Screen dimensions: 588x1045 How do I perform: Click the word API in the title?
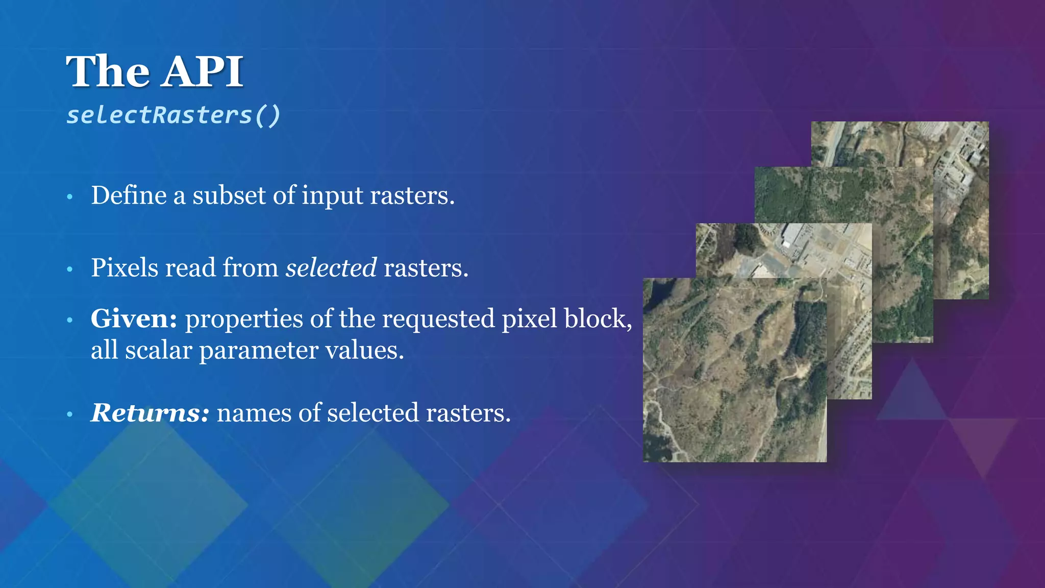point(203,71)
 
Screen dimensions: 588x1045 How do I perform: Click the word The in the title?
point(108,71)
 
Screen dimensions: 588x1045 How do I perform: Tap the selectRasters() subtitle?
point(173,115)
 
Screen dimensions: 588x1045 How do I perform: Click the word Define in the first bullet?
point(129,195)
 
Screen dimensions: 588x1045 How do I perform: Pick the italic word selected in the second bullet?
point(331,268)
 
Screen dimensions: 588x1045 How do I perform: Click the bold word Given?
point(134,319)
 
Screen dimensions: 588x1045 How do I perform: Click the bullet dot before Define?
point(70,197)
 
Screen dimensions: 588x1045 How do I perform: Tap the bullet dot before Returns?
point(70,414)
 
